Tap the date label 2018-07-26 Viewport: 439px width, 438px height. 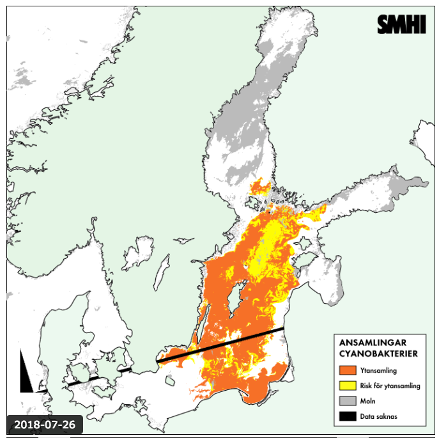[x=44, y=425]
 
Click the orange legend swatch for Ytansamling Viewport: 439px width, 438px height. [x=347, y=370]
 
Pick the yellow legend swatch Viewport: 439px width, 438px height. [x=347, y=386]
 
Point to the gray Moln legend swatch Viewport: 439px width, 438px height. [x=347, y=401]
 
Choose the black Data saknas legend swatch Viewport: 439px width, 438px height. [x=347, y=416]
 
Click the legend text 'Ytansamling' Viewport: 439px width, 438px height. [x=378, y=370]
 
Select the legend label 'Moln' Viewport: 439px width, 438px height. [x=368, y=401]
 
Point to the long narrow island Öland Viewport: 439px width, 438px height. [x=199, y=325]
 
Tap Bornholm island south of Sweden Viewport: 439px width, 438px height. [x=169, y=382]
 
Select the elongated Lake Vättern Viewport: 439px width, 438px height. [x=162, y=272]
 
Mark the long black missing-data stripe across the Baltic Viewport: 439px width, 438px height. [x=220, y=345]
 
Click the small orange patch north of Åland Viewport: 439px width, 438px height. [x=259, y=187]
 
